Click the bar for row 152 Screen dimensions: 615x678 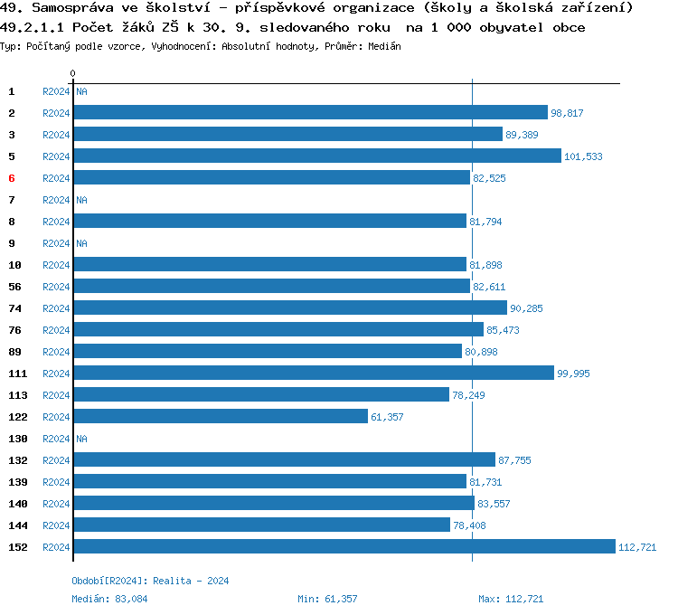click(x=344, y=547)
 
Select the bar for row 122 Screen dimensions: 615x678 click(x=221, y=417)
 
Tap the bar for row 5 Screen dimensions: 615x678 click(x=316, y=156)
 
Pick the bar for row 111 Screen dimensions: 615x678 click(x=313, y=374)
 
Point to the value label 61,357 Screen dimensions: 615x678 click(x=387, y=417)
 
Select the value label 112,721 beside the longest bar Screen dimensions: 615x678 click(x=636, y=547)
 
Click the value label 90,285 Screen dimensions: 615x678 click(x=526, y=308)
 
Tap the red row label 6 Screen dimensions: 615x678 click(x=12, y=178)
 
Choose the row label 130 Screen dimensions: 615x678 click(x=17, y=439)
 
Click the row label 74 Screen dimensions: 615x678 click(x=14, y=308)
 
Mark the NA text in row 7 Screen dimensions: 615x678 click(x=81, y=200)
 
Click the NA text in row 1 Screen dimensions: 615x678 click(x=81, y=91)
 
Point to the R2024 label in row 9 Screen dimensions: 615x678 click(x=56, y=243)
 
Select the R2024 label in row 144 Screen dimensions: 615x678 click(x=56, y=525)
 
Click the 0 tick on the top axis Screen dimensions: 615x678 click(x=73, y=73)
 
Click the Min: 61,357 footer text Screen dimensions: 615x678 click(x=327, y=599)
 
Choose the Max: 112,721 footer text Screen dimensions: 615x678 click(x=511, y=599)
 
